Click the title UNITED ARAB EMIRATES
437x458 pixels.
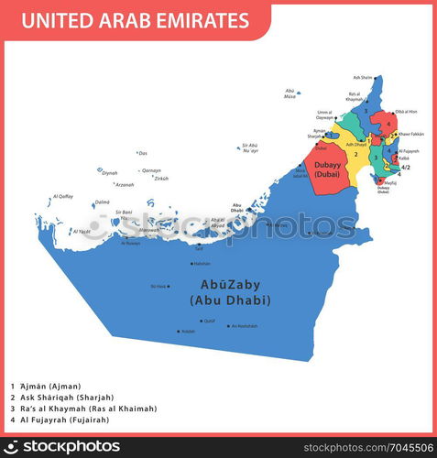(x=135, y=20)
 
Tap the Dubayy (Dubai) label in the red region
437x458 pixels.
(x=327, y=169)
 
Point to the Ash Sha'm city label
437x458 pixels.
(x=363, y=78)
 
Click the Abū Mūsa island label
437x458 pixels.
(x=290, y=93)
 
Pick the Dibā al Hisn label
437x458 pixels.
(x=406, y=112)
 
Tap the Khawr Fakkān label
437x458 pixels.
(x=410, y=134)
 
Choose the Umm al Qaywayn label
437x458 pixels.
(x=325, y=115)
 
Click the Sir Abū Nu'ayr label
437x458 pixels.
(x=250, y=147)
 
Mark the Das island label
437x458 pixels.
(x=143, y=153)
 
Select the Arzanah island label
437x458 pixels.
(x=125, y=184)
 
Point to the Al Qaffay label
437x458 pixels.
(x=63, y=196)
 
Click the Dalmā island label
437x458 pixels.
(x=102, y=202)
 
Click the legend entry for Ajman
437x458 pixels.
(x=46, y=387)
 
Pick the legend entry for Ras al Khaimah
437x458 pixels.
(x=83, y=409)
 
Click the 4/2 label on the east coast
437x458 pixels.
(x=406, y=168)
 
